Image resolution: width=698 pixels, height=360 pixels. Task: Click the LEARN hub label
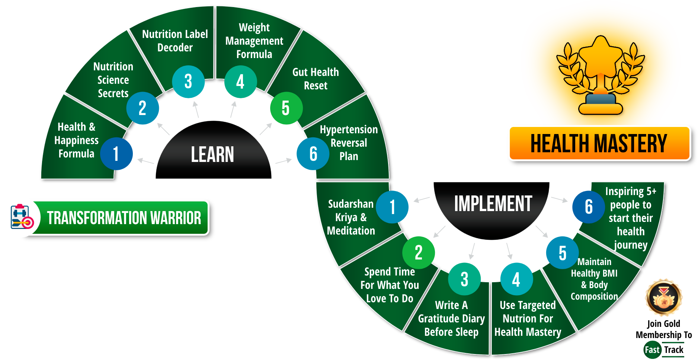click(x=212, y=154)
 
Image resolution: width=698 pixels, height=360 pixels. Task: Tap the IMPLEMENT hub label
click(x=493, y=204)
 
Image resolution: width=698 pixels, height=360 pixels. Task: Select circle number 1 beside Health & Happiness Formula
click(x=116, y=154)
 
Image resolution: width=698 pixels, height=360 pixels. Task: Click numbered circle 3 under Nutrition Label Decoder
click(x=188, y=82)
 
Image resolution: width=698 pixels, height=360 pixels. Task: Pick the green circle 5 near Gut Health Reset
click(x=286, y=108)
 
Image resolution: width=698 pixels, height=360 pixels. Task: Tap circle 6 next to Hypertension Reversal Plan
click(x=313, y=154)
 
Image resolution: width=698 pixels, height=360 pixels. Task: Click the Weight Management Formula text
click(x=254, y=41)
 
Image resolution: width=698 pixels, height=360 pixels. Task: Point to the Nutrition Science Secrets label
click(x=113, y=80)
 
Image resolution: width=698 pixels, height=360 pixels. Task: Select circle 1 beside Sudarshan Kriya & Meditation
click(x=392, y=207)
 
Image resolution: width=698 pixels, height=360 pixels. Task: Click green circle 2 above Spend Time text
click(x=419, y=252)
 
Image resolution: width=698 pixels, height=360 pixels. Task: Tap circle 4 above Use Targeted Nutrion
click(x=516, y=279)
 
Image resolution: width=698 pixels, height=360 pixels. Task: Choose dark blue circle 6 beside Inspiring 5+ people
click(x=589, y=207)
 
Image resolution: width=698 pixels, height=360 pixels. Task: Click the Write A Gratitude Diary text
click(x=451, y=318)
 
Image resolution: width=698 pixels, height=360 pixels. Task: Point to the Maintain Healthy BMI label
click(x=594, y=279)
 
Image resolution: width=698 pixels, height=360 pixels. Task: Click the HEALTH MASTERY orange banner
click(x=599, y=143)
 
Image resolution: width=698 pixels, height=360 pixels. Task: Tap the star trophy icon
click(x=601, y=74)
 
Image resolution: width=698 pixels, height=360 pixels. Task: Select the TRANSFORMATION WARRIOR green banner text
click(x=124, y=218)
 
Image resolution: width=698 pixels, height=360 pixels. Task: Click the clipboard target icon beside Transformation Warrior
click(x=21, y=217)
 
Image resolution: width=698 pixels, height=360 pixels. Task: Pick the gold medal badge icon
click(x=664, y=297)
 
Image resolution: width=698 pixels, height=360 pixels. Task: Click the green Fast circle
click(x=652, y=350)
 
